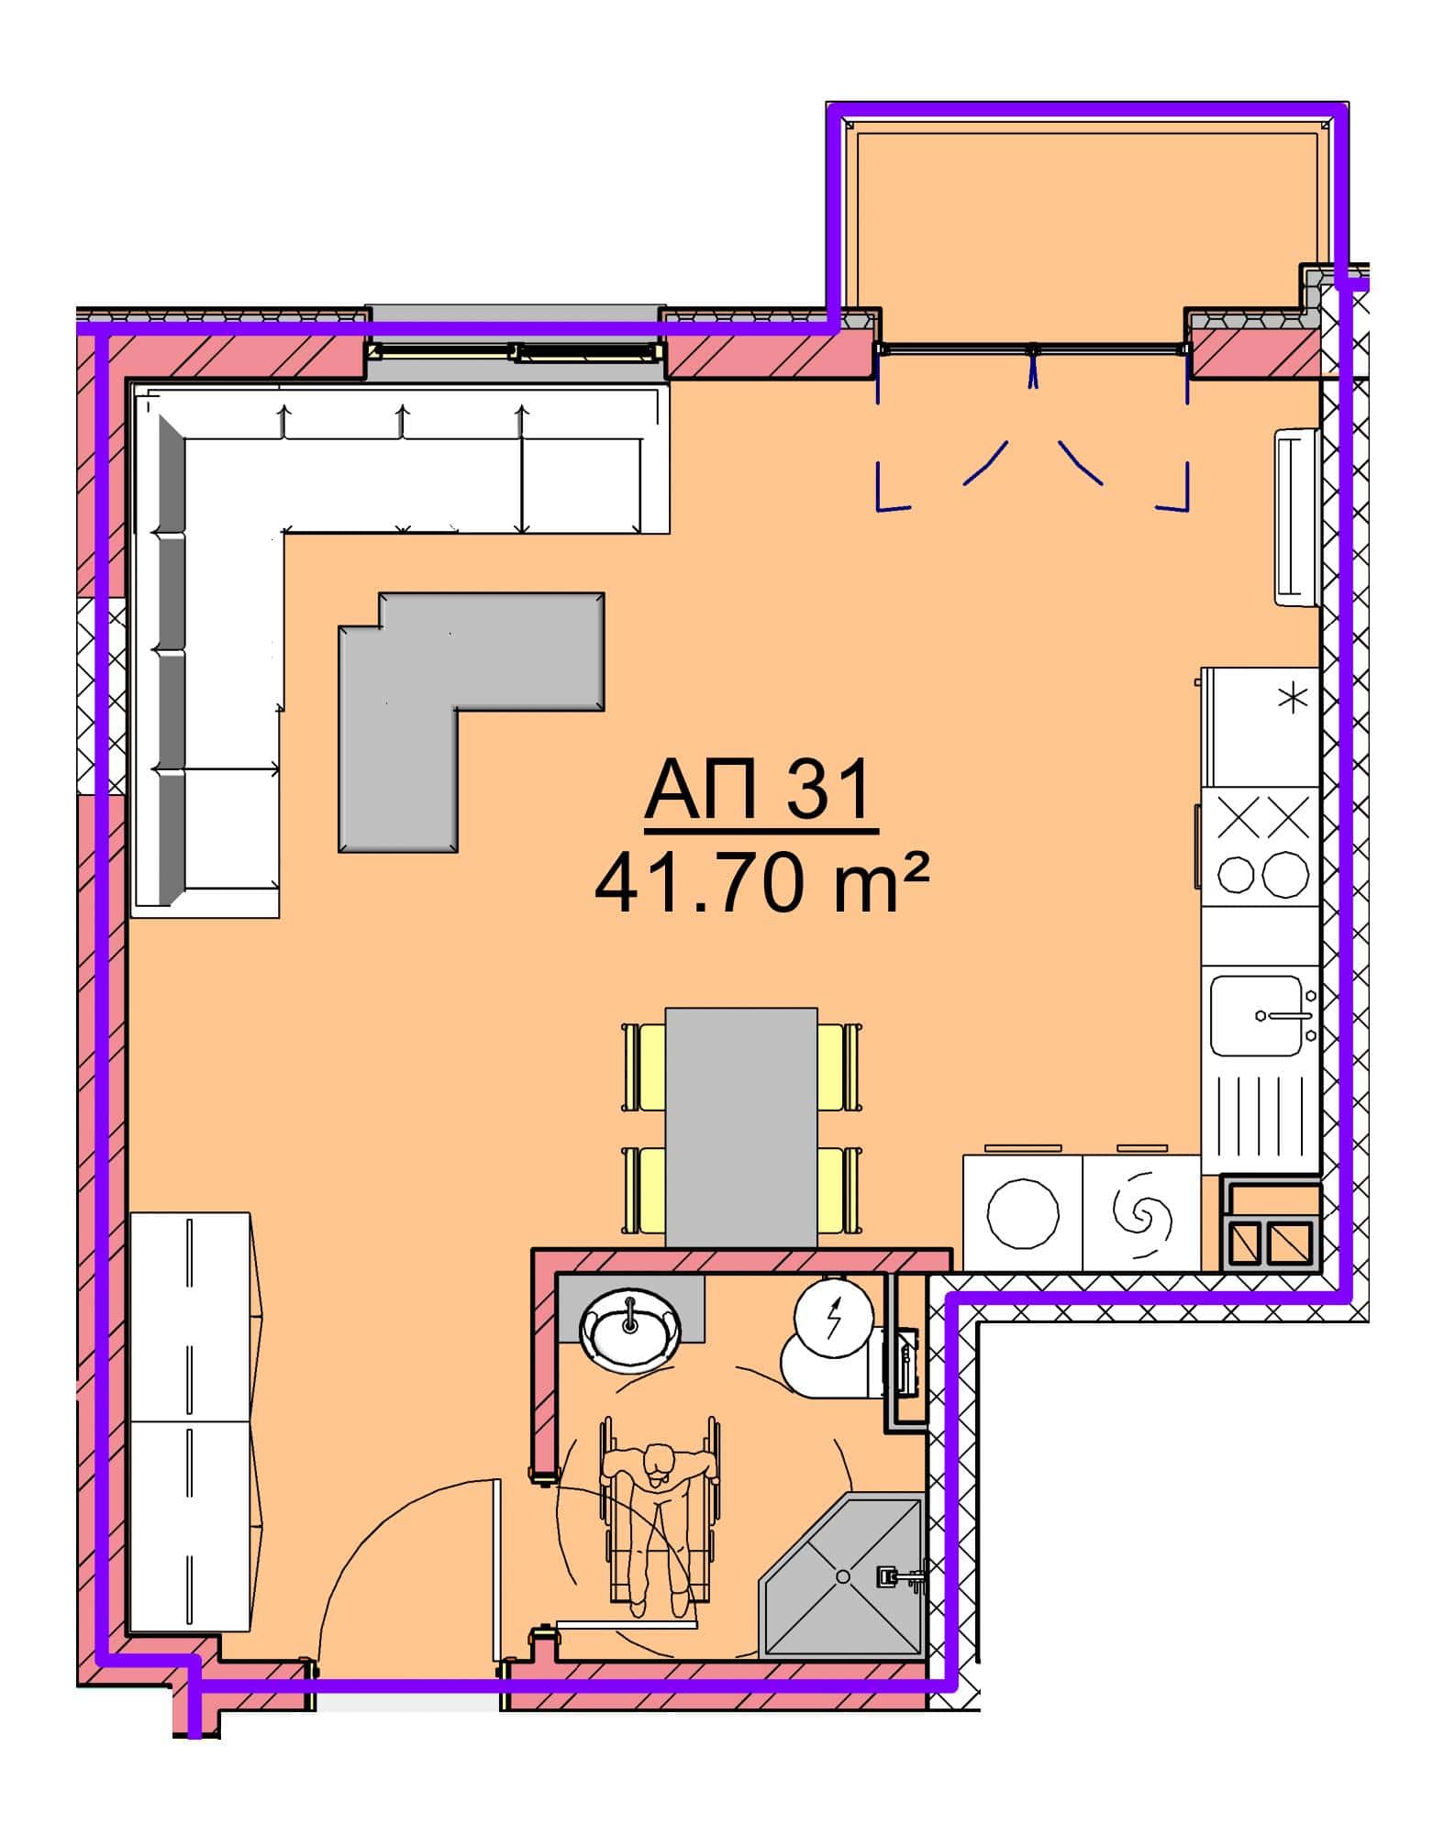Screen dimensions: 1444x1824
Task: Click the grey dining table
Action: coord(741,1127)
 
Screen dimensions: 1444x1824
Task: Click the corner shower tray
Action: coord(842,1575)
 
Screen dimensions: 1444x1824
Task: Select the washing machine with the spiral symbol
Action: coord(1142,1214)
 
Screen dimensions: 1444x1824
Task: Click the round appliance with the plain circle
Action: coord(1023,1214)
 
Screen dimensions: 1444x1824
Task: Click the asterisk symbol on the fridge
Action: coord(1294,699)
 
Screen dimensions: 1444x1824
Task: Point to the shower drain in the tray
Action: coord(841,1575)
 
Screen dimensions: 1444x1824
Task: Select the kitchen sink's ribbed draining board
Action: coord(1261,1113)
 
